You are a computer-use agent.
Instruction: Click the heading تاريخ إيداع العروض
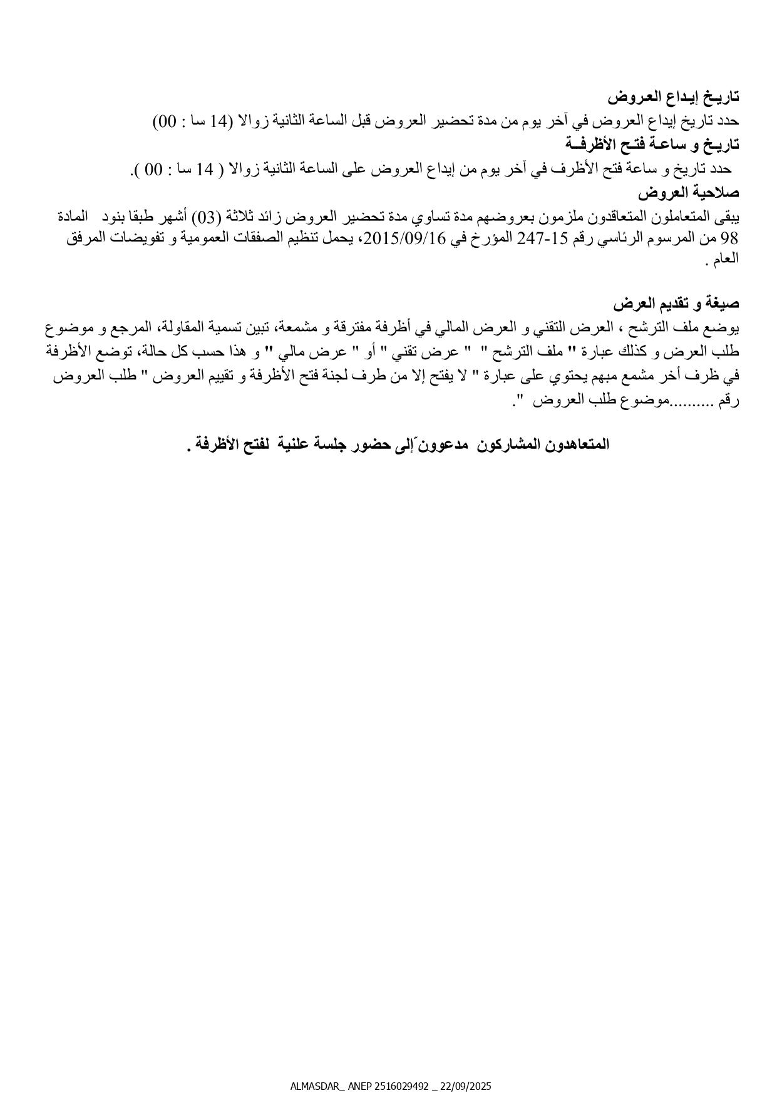673,97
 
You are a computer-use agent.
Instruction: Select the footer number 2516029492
402,1085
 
